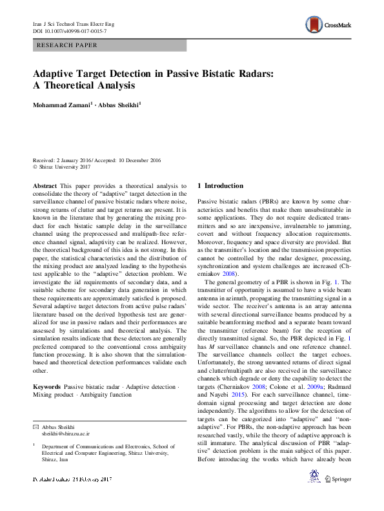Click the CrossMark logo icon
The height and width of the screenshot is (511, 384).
pos(316,25)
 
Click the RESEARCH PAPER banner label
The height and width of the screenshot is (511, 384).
pos(68,45)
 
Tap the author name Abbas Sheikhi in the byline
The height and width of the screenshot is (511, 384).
pos(120,104)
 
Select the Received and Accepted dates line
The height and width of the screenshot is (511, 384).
pos(97,160)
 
